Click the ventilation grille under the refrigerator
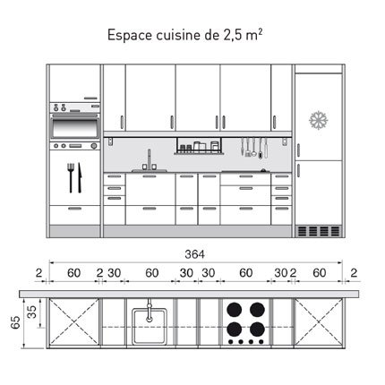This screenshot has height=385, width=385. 318,230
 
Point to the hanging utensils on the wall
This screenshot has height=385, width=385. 253,149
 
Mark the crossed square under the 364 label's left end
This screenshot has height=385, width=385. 74,326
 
